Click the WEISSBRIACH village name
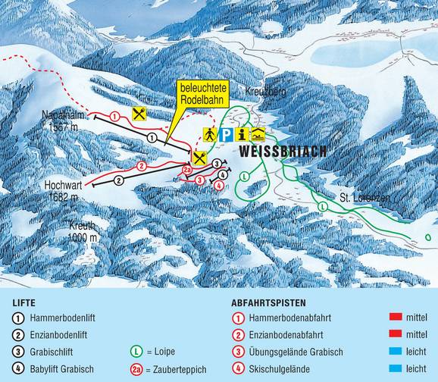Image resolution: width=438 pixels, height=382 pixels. [283, 152]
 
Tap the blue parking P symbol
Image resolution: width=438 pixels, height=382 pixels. [226, 135]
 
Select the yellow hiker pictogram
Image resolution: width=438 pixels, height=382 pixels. [209, 135]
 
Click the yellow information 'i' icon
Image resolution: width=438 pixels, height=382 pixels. [242, 135]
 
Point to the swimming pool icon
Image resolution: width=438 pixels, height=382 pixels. [258, 135]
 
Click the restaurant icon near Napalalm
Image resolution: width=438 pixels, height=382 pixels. [139, 114]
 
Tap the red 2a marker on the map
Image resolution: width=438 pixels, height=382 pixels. [188, 171]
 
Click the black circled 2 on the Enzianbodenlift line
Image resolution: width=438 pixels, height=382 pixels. [119, 181]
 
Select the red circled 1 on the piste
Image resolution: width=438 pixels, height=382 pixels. [114, 116]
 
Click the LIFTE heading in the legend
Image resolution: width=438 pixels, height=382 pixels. [25, 302]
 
